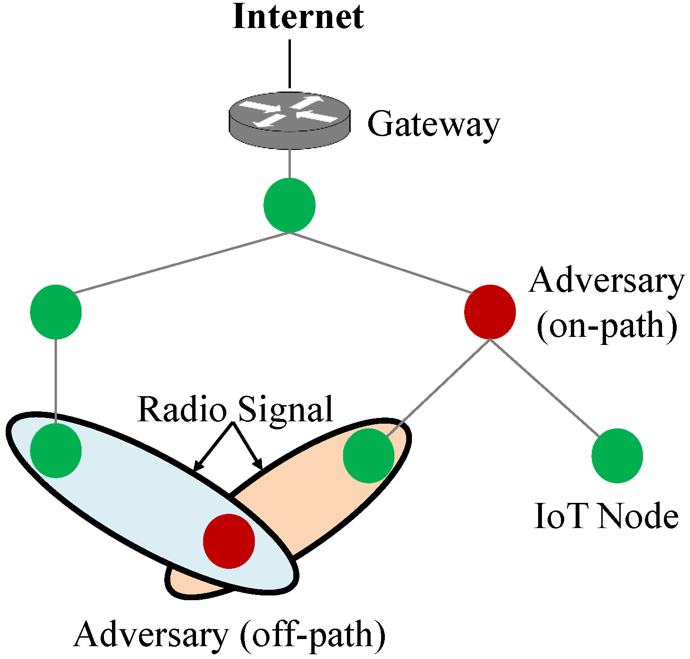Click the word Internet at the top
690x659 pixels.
[298, 17]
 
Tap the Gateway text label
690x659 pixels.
[433, 125]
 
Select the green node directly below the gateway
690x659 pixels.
[289, 205]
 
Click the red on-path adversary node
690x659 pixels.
[490, 312]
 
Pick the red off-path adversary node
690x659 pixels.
[229, 541]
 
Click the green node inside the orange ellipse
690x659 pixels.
[368, 455]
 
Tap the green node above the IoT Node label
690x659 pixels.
[617, 455]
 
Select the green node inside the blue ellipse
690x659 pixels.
[56, 450]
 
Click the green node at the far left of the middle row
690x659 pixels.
[56, 312]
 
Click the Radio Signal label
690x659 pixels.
[235, 409]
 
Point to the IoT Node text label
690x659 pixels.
[606, 516]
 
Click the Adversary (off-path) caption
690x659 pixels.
[229, 634]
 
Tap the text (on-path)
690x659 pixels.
[606, 326]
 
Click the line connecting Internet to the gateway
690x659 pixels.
[289, 64]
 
